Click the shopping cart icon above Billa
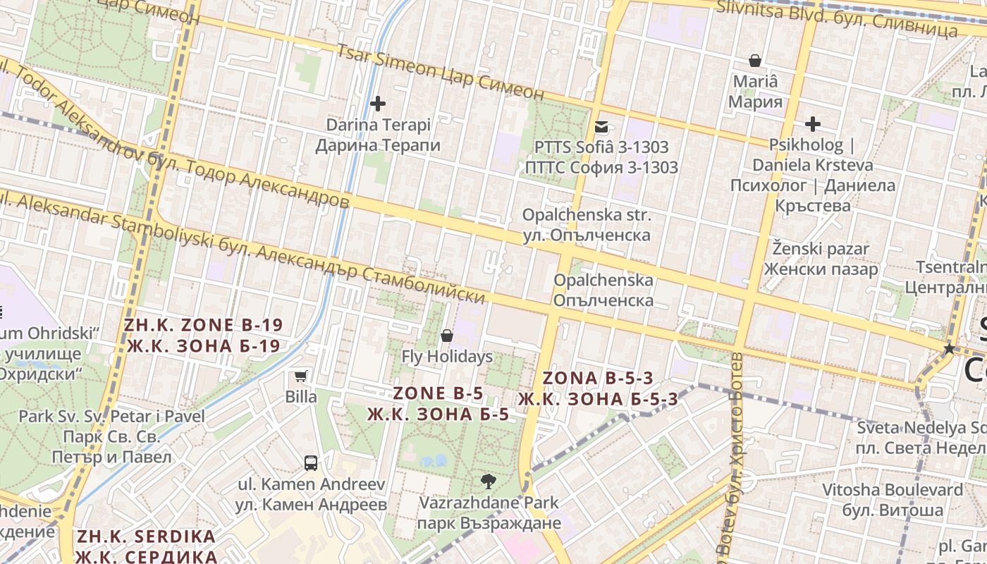301,376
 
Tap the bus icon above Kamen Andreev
311,463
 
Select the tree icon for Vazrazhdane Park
487,482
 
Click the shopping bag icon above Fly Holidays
447,336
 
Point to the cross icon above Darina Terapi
378,104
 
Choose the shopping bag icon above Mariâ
755,61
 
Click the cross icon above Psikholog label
813,125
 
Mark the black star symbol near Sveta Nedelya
949,348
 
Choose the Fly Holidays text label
447,357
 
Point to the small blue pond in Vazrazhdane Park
432,461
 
